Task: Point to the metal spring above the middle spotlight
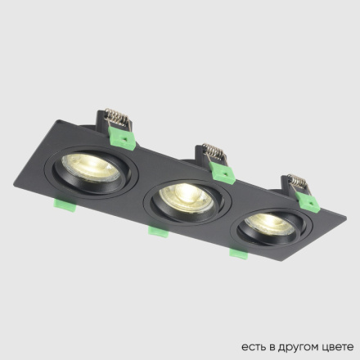pyautogui.click(x=212, y=152)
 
